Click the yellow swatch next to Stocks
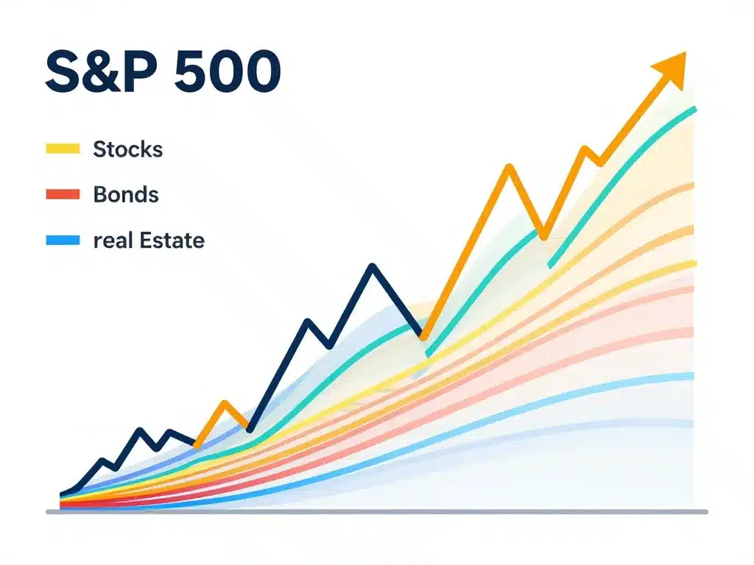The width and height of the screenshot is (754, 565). (62, 149)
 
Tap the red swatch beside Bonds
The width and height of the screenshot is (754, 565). (62, 195)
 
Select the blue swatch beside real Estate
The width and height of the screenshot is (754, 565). (62, 241)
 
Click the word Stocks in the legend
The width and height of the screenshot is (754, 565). (127, 149)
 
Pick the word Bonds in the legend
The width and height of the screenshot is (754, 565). (126, 195)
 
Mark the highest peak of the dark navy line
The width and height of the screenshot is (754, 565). (373, 266)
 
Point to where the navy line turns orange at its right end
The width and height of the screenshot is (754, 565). (423, 336)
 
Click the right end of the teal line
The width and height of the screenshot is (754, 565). (694, 110)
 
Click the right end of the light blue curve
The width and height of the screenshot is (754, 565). (692, 377)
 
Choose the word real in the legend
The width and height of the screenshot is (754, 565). (108, 241)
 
